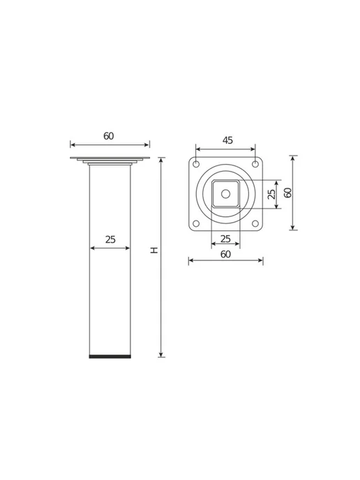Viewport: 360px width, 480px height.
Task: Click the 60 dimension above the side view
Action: tap(109, 136)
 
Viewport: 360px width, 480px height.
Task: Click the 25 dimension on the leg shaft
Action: tap(110, 239)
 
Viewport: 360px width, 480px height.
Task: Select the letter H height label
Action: tap(154, 250)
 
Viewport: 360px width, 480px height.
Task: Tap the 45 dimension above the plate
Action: tap(227, 140)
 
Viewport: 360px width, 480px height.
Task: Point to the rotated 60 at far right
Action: tap(287, 193)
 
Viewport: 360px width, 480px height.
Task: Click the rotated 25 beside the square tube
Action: tap(271, 194)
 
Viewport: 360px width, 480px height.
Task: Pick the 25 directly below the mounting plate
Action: tap(225, 239)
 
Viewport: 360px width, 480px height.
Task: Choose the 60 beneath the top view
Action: tap(225, 255)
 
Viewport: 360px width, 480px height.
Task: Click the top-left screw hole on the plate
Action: tap(196, 164)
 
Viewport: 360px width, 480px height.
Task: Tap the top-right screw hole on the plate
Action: tap(255, 164)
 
